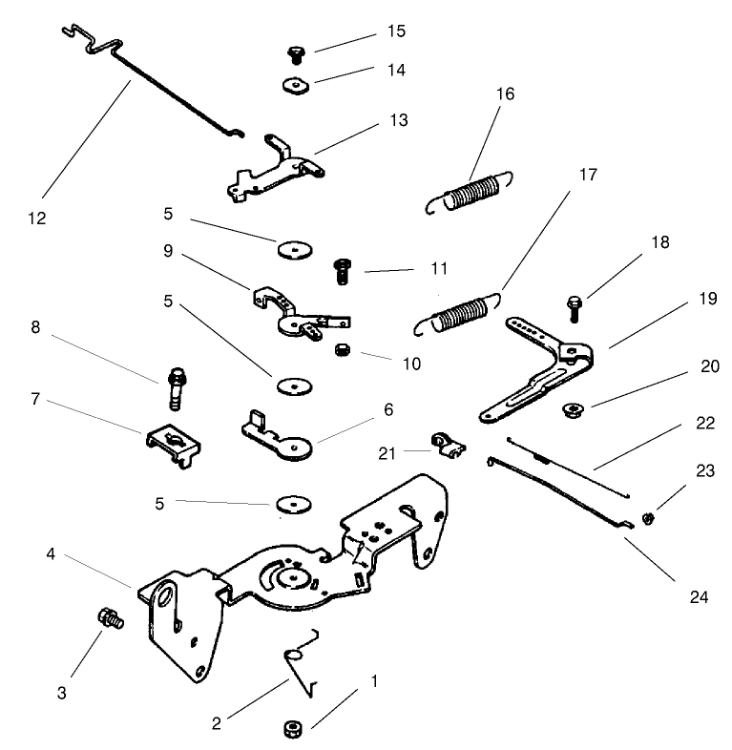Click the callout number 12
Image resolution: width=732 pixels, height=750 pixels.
click(x=37, y=219)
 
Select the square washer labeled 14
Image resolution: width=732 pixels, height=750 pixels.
click(x=297, y=85)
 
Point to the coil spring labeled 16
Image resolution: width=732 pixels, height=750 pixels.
click(x=472, y=192)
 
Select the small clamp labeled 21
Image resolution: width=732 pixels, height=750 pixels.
click(x=443, y=445)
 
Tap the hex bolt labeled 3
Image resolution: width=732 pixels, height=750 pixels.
click(x=109, y=618)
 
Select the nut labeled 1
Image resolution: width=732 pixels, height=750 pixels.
click(x=290, y=731)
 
